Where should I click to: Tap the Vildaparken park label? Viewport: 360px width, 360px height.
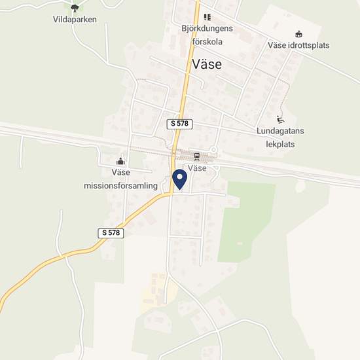click(x=75, y=20)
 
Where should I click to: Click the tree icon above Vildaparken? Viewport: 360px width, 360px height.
click(x=75, y=8)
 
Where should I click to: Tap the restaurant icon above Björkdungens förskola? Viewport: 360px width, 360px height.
click(x=207, y=18)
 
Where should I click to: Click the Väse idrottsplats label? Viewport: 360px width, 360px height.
click(x=298, y=45)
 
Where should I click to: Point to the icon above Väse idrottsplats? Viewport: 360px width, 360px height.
click(x=298, y=34)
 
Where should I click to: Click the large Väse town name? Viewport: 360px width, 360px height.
click(x=207, y=64)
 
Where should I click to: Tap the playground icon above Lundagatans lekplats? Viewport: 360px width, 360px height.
click(x=280, y=119)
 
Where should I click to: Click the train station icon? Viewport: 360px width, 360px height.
click(x=197, y=156)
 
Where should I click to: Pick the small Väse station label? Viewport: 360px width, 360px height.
click(x=197, y=168)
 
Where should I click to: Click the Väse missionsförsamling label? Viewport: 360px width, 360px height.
click(x=121, y=179)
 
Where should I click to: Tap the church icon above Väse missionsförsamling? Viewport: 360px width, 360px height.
click(x=120, y=161)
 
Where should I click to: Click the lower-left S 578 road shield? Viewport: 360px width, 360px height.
click(x=112, y=232)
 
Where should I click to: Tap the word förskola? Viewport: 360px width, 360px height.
click(x=208, y=41)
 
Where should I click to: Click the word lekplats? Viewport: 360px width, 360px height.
click(x=281, y=142)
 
